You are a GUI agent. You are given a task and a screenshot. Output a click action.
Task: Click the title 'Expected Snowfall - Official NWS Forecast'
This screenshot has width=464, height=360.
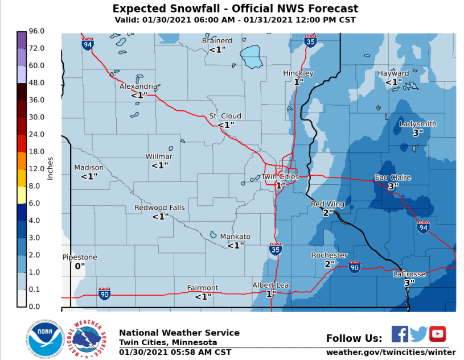235,9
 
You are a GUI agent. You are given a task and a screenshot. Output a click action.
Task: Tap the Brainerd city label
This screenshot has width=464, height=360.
217,41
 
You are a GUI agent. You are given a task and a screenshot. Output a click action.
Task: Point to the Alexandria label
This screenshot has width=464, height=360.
138,86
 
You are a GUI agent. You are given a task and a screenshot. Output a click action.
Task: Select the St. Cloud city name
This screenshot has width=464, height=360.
225,116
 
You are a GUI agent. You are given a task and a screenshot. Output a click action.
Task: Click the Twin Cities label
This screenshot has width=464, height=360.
280,177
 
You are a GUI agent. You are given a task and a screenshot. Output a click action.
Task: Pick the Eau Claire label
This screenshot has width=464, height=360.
392,177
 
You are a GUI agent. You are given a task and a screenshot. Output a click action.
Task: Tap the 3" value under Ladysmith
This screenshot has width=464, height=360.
418,133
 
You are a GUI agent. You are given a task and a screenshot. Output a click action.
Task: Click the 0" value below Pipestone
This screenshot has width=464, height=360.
80,266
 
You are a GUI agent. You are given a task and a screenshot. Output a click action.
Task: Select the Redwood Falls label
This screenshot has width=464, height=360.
159,208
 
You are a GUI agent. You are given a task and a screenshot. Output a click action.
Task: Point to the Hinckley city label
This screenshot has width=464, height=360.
298,73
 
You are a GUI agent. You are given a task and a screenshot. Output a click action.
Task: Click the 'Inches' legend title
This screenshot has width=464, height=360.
50,168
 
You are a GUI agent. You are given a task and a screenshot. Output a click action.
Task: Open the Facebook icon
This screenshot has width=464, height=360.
400,333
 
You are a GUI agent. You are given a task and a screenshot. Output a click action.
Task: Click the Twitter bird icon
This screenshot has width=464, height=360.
418,333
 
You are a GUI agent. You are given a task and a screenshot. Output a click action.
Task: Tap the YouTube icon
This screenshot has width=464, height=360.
437,333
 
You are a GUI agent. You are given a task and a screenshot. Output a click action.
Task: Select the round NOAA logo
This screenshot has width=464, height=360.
41,339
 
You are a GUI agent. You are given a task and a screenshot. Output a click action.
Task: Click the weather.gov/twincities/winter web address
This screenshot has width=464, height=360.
390,353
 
